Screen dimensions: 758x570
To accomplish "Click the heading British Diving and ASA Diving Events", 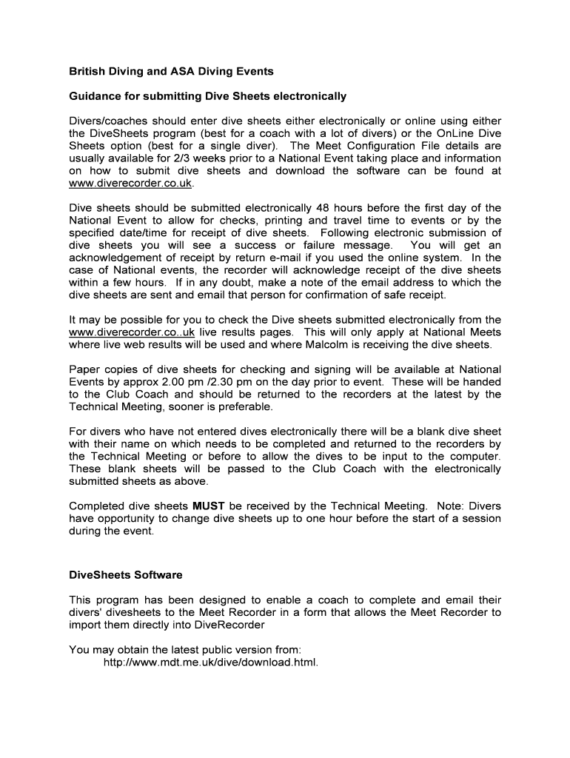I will [x=171, y=72].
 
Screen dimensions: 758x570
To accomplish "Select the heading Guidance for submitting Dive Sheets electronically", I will [x=207, y=96].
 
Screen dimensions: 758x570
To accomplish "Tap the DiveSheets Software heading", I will [x=125, y=574].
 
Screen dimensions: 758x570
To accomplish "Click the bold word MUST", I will [x=208, y=506].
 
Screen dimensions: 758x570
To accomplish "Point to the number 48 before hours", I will [x=322, y=208].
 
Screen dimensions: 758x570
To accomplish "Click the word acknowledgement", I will [x=118, y=258].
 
